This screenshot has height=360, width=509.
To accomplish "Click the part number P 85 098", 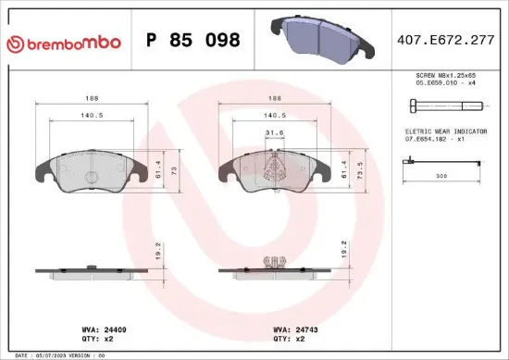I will [193, 41].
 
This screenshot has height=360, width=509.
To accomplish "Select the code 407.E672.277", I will [445, 41].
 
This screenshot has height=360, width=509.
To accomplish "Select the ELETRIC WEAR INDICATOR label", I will [445, 132].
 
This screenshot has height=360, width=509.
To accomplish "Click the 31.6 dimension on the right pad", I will [273, 132].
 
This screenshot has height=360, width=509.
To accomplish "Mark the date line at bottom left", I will [65, 354].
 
